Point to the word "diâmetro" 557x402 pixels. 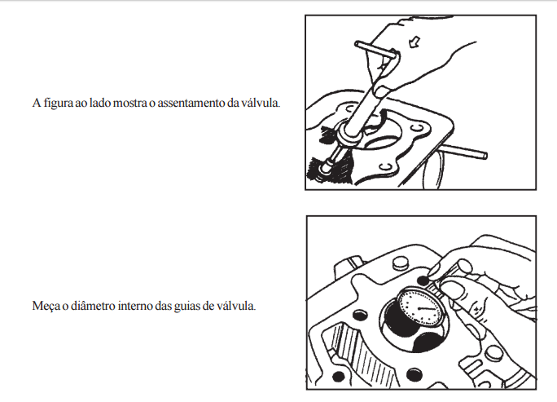93,306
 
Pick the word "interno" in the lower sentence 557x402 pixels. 134,306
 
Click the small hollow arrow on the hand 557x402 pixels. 414,42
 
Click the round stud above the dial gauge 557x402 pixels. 401,263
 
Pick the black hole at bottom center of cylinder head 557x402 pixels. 414,375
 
